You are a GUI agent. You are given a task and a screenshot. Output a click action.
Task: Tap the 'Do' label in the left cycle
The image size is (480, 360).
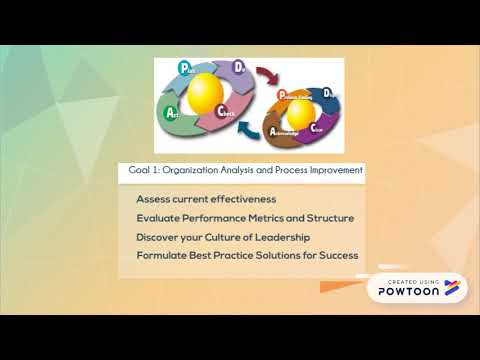coord(239,69)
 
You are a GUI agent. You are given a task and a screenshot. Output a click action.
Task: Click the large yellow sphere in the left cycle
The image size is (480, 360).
coord(207,93)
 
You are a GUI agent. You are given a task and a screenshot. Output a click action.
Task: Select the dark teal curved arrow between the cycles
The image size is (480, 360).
coord(253,129)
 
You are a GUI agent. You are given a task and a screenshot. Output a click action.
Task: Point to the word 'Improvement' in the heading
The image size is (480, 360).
coord(334,171)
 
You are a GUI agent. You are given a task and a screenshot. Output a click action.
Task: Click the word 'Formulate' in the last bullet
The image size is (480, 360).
coord(161,256)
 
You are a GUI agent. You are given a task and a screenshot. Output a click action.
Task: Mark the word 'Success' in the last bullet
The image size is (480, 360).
coord(336,256)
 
